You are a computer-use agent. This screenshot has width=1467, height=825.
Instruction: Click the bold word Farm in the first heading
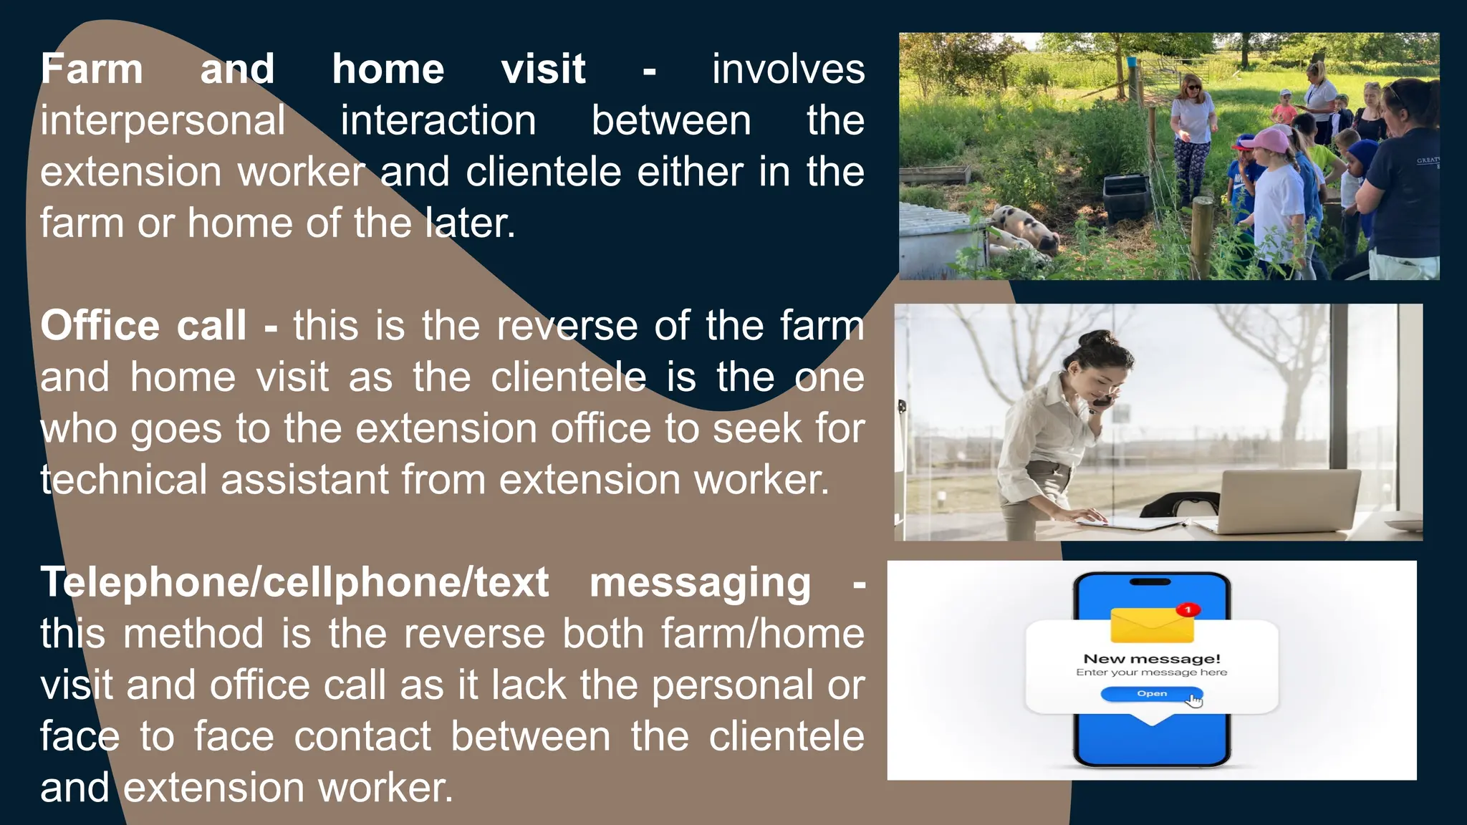coord(92,69)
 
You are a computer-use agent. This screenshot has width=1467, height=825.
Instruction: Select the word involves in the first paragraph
coord(788,69)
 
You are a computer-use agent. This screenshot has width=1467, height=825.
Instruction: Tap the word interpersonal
coord(163,121)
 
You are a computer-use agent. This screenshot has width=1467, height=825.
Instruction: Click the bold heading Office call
coord(143,326)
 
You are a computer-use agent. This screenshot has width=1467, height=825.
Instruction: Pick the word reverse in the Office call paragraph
coord(567,326)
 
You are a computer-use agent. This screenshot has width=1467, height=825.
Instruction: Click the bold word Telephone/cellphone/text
coord(294,582)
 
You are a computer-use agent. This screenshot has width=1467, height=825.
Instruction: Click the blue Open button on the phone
coord(1151,693)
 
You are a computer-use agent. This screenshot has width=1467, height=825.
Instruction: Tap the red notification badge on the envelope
coord(1188,609)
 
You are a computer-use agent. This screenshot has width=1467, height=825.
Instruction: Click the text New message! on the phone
coord(1151,658)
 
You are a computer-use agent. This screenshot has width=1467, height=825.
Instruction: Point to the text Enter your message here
coord(1151,672)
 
